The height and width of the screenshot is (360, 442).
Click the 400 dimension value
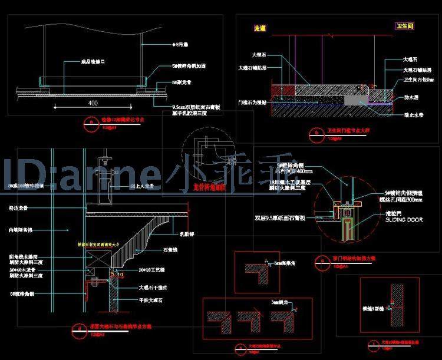(x=93, y=103)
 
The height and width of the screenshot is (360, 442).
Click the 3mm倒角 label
(x=279, y=302)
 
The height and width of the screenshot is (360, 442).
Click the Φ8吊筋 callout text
(x=179, y=44)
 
